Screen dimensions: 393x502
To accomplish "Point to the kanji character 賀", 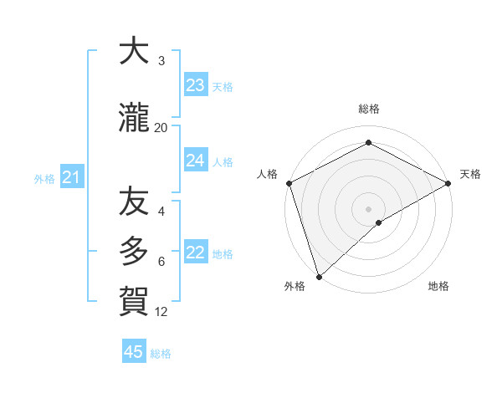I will coord(134,299).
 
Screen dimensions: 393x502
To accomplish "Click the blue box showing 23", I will coord(195,85).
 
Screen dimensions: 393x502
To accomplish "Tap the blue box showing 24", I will coord(195,161).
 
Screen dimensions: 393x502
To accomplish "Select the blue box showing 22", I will coord(195,253).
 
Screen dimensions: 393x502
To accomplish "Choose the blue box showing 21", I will coord(71,177).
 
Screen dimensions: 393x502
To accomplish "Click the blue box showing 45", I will coord(134,352).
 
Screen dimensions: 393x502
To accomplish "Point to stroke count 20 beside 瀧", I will coord(161,127).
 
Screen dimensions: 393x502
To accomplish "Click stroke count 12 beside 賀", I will coord(161,312).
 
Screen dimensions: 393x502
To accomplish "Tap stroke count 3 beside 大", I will coord(161,60).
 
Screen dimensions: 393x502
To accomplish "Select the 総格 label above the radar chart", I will coord(368,109).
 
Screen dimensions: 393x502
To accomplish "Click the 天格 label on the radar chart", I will coord(470,174).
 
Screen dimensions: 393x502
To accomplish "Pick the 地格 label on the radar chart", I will coord(438,286).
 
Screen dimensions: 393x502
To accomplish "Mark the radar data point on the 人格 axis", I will coord(288,182).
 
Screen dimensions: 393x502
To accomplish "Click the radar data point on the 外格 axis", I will coord(318,276).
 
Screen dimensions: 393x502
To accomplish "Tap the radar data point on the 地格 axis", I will coord(379,222).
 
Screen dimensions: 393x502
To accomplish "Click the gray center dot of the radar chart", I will coord(368,208).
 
